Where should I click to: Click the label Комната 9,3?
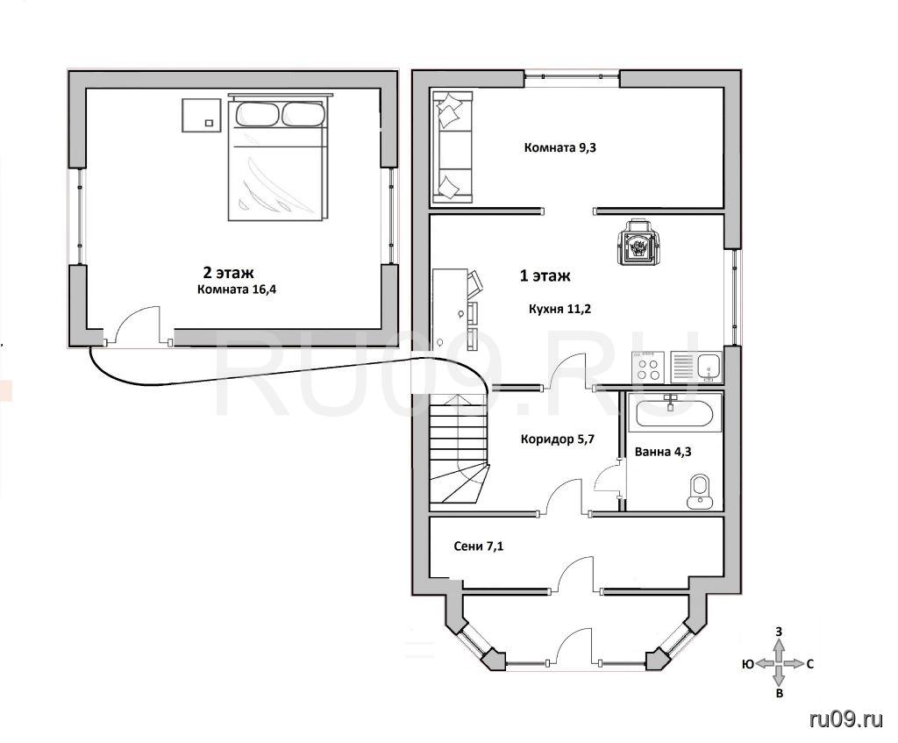[x=560, y=147]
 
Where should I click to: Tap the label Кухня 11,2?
[x=559, y=310]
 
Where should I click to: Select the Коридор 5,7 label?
[x=557, y=439]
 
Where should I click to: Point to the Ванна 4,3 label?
[x=663, y=452]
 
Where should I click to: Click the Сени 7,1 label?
[x=479, y=547]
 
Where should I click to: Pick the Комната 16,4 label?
[x=237, y=289]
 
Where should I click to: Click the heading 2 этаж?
[x=228, y=272]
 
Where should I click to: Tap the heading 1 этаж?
[x=545, y=276]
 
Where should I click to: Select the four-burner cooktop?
[x=648, y=368]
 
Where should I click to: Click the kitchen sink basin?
[x=709, y=367]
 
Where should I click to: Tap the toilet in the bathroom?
[x=699, y=491]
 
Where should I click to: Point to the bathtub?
[x=674, y=412]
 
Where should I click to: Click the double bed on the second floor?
[x=278, y=158]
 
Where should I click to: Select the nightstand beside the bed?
[x=202, y=115]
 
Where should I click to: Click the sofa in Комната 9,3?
[x=453, y=146]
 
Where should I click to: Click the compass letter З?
[x=779, y=632]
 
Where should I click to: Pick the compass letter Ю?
[x=747, y=664]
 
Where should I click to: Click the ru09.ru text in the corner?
[x=846, y=719]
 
